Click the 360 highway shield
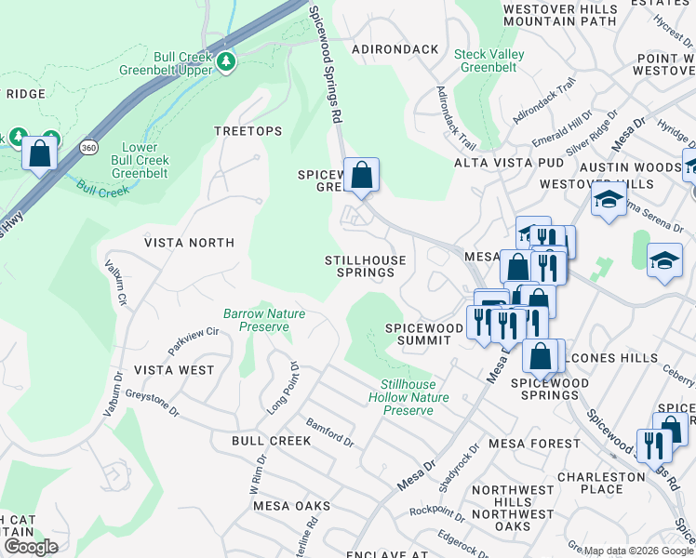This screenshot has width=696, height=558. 87,147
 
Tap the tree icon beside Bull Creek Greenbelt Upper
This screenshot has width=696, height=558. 226,61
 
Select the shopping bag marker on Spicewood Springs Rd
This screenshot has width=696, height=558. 361,175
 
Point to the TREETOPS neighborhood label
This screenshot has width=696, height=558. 248,131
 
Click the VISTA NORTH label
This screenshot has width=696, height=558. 189,243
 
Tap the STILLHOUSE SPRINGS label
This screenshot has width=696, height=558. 365,267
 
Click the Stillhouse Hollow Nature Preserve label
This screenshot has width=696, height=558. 414,397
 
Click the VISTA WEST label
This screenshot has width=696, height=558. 174,370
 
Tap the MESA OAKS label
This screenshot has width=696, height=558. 292,506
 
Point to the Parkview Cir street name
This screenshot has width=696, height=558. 194,339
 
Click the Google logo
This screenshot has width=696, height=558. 31,547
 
